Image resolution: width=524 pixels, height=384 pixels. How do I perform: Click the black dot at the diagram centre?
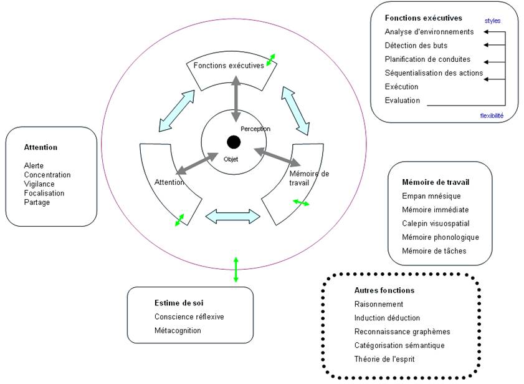(234, 142)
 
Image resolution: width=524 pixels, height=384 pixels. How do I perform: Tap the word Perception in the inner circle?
(255, 129)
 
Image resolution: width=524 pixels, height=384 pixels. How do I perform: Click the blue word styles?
(493, 21)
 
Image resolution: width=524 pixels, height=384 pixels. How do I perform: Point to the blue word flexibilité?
(492, 116)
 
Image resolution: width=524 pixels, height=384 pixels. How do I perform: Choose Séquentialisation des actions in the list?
(434, 73)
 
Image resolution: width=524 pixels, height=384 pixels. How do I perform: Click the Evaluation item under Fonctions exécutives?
(403, 101)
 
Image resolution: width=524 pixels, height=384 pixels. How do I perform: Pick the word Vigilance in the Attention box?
(39, 184)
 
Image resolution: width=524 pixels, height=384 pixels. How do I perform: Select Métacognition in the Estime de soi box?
(178, 330)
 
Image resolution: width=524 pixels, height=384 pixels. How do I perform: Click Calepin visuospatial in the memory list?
(436, 224)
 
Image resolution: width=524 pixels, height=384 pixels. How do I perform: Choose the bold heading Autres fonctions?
(384, 290)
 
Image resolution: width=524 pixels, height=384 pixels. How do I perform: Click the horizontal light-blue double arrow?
(232, 216)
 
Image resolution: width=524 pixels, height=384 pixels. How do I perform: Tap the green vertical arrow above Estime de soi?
(236, 269)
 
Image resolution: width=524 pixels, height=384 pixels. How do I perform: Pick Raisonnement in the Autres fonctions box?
(379, 304)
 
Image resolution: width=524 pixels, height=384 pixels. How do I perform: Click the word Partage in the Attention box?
(37, 202)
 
